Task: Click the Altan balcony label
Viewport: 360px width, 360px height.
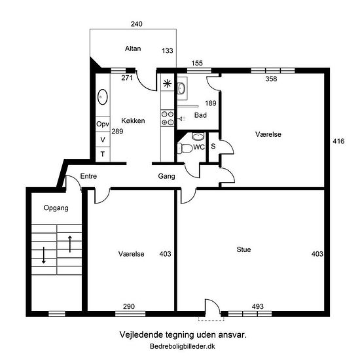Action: [x=133, y=48]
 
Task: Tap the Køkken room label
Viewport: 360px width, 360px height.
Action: [x=133, y=120]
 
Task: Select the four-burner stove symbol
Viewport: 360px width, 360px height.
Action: [x=168, y=118]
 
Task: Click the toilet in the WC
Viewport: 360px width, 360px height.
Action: [x=185, y=148]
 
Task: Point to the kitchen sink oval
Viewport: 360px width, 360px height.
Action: [x=103, y=97]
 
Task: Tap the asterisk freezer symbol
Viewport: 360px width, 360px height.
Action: [x=167, y=84]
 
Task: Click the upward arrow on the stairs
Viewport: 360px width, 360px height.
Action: [x=70, y=244]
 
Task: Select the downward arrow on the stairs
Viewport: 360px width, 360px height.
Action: [x=44, y=255]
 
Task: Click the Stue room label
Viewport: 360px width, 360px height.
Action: [x=243, y=249]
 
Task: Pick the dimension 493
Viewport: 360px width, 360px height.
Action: [x=258, y=306]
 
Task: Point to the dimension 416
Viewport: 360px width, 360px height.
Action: [x=338, y=141]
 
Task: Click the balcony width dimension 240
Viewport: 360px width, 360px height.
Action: [x=136, y=24]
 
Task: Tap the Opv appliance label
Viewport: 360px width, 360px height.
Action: [x=103, y=124]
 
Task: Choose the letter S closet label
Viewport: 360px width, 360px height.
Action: [x=213, y=146]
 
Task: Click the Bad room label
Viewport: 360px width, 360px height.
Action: [x=200, y=115]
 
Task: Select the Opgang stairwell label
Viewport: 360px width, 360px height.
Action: [x=56, y=208]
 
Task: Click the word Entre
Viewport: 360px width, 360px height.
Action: [x=88, y=176]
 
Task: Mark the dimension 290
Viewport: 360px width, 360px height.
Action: [x=129, y=306]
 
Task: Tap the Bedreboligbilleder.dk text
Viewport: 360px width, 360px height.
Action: [x=183, y=346]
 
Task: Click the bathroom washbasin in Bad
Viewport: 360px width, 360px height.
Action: [x=181, y=88]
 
